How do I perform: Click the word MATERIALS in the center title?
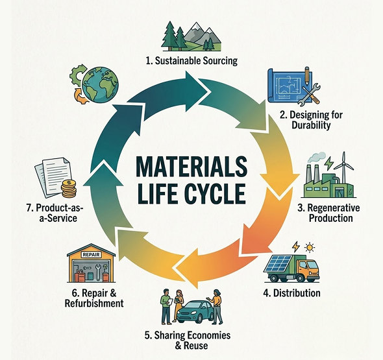[191, 167]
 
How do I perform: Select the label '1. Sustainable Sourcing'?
[191, 60]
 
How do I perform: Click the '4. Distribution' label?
[291, 293]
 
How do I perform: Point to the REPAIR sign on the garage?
[91, 254]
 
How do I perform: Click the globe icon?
[100, 85]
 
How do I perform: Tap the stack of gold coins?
[69, 188]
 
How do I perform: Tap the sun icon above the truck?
[310, 248]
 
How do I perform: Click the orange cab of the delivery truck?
[309, 268]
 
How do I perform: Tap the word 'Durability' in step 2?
[311, 125]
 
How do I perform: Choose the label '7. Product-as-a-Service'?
[55, 213]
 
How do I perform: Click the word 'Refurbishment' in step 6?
[94, 304]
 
